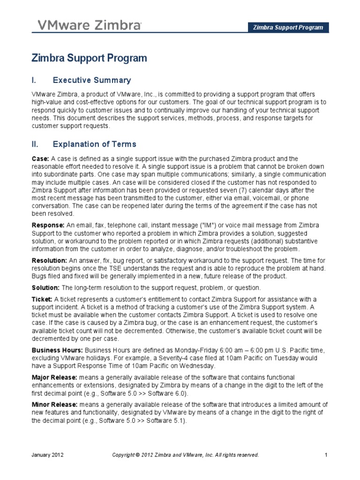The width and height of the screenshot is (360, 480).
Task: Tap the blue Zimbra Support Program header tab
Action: (x=288, y=27)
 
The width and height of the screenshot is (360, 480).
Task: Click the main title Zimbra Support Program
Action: (x=89, y=58)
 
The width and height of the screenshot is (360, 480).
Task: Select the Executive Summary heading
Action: (x=92, y=80)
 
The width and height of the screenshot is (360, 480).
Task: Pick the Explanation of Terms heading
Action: (x=95, y=144)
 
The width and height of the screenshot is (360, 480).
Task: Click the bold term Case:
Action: (x=40, y=159)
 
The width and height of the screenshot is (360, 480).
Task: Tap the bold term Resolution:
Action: (x=49, y=260)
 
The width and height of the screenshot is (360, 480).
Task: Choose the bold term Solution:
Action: (x=46, y=287)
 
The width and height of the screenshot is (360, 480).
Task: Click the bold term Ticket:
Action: (x=42, y=299)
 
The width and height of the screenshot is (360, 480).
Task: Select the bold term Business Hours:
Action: (x=57, y=350)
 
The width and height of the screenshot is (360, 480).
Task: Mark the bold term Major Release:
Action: (x=54, y=377)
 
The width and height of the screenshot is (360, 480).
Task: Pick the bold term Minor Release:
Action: (x=54, y=404)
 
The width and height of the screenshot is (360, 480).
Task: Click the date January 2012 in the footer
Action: (x=48, y=455)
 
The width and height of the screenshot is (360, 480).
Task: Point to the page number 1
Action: (x=325, y=455)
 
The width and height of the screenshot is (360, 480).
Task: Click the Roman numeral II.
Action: (x=35, y=144)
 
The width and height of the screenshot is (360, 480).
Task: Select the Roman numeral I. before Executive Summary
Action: (x=33, y=80)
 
